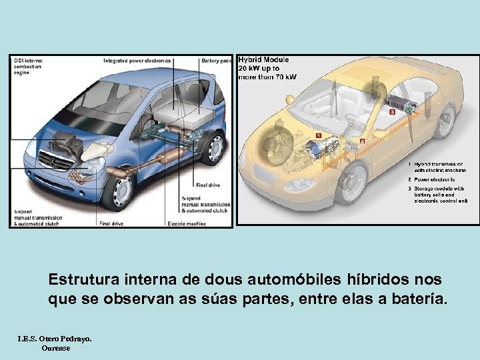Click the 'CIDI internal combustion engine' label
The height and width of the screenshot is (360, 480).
coord(27,67)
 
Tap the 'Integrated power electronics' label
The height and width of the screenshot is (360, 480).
coord(137,61)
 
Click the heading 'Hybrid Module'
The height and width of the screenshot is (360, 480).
coord(264,60)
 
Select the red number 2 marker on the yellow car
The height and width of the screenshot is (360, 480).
coord(362,141)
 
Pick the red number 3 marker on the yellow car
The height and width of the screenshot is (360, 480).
coord(393,112)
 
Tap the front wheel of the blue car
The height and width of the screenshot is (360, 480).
coord(120,191)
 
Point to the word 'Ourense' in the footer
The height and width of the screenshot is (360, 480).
coord(55,347)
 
